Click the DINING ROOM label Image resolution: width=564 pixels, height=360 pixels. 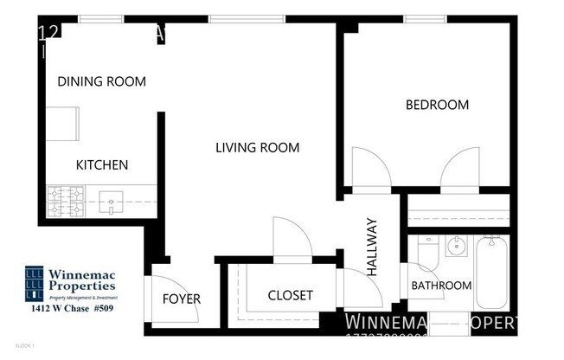[x=101, y=81]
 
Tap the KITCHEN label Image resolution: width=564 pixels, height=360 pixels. [x=102, y=165]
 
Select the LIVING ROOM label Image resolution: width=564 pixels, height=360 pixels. [x=257, y=148]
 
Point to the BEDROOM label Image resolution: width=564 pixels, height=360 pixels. [x=437, y=105]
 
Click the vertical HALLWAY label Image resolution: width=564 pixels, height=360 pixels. [x=373, y=247]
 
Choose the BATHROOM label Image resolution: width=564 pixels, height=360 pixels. [x=441, y=286]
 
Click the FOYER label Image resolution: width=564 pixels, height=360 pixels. [x=182, y=299]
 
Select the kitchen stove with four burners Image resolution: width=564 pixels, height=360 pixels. [x=64, y=203]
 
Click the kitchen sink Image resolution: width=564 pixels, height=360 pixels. [x=112, y=204]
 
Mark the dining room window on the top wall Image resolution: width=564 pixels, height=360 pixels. [x=100, y=19]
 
